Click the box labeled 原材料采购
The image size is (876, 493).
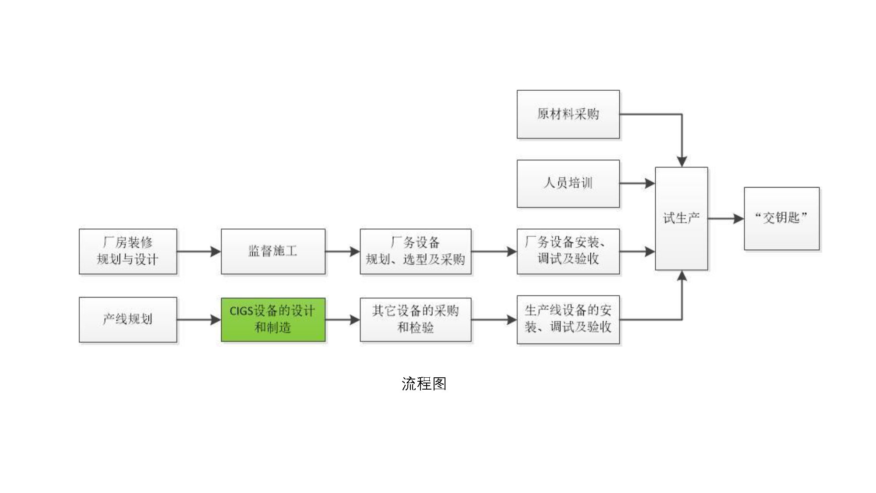(x=568, y=114)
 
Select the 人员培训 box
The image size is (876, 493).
(x=568, y=183)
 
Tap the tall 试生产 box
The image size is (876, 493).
(x=681, y=218)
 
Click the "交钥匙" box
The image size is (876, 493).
(x=781, y=218)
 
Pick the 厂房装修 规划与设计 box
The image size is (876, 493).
(x=128, y=251)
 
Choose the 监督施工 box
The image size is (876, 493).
(x=273, y=251)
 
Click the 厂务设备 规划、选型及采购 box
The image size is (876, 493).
(x=415, y=251)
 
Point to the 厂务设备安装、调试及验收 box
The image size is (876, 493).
(x=568, y=251)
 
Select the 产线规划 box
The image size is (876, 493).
(x=128, y=319)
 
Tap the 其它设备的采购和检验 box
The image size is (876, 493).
(x=415, y=319)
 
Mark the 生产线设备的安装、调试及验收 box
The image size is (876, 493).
(x=568, y=319)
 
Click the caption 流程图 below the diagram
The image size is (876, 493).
(x=424, y=384)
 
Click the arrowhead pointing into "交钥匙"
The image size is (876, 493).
(x=739, y=218)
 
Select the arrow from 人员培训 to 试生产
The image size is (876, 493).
(x=637, y=183)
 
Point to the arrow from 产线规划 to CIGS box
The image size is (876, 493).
(x=199, y=320)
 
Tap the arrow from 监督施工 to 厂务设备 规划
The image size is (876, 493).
(x=343, y=252)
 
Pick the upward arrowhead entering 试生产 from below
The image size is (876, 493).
(x=682, y=277)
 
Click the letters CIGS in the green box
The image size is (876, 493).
(x=241, y=311)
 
